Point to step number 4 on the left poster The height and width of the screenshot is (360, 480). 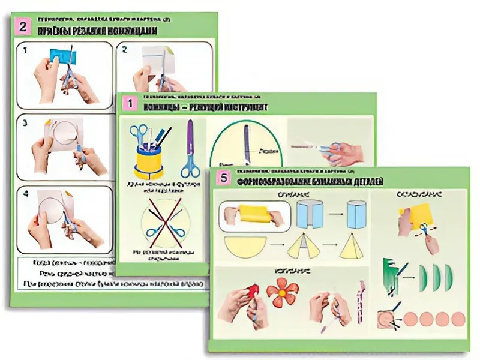25,193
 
